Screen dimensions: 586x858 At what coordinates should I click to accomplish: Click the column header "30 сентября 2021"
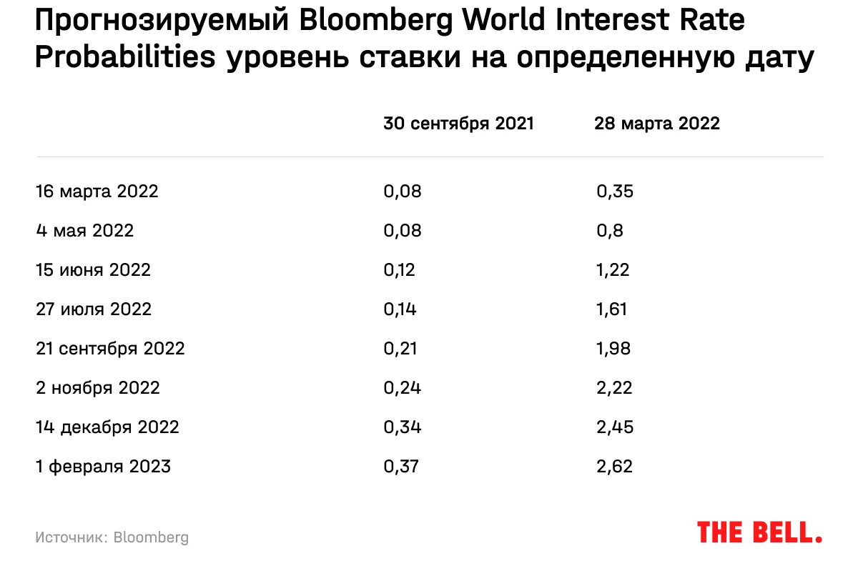[458, 124]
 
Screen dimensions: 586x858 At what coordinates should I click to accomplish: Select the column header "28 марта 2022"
[656, 124]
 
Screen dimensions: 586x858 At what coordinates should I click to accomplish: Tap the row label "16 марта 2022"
[97, 192]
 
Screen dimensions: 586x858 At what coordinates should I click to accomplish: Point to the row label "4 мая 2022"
[84, 231]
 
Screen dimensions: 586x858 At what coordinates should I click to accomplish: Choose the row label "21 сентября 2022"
[110, 349]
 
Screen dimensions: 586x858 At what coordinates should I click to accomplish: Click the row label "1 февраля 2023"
[104, 467]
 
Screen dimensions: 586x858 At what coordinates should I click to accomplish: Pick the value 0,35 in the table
[615, 192]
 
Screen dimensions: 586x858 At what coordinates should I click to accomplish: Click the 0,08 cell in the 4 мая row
[403, 231]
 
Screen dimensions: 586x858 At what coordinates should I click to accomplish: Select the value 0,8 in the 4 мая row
[610, 231]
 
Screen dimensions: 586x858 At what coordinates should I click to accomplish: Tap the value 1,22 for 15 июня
[613, 270]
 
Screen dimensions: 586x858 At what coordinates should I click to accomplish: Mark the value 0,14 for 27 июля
[400, 309]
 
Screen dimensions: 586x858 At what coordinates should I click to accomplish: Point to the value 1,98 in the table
[614, 349]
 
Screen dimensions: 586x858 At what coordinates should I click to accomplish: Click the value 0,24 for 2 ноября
[402, 388]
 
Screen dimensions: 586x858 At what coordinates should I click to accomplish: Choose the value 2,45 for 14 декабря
[615, 427]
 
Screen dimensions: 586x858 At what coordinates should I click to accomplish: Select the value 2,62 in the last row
[615, 467]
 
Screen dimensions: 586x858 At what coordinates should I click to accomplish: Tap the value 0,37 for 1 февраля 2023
[400, 467]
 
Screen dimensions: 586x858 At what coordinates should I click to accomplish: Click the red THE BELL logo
[759, 532]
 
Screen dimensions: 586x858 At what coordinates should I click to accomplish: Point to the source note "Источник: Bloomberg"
[112, 537]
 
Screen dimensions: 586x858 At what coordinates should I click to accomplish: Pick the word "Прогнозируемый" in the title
[162, 22]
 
